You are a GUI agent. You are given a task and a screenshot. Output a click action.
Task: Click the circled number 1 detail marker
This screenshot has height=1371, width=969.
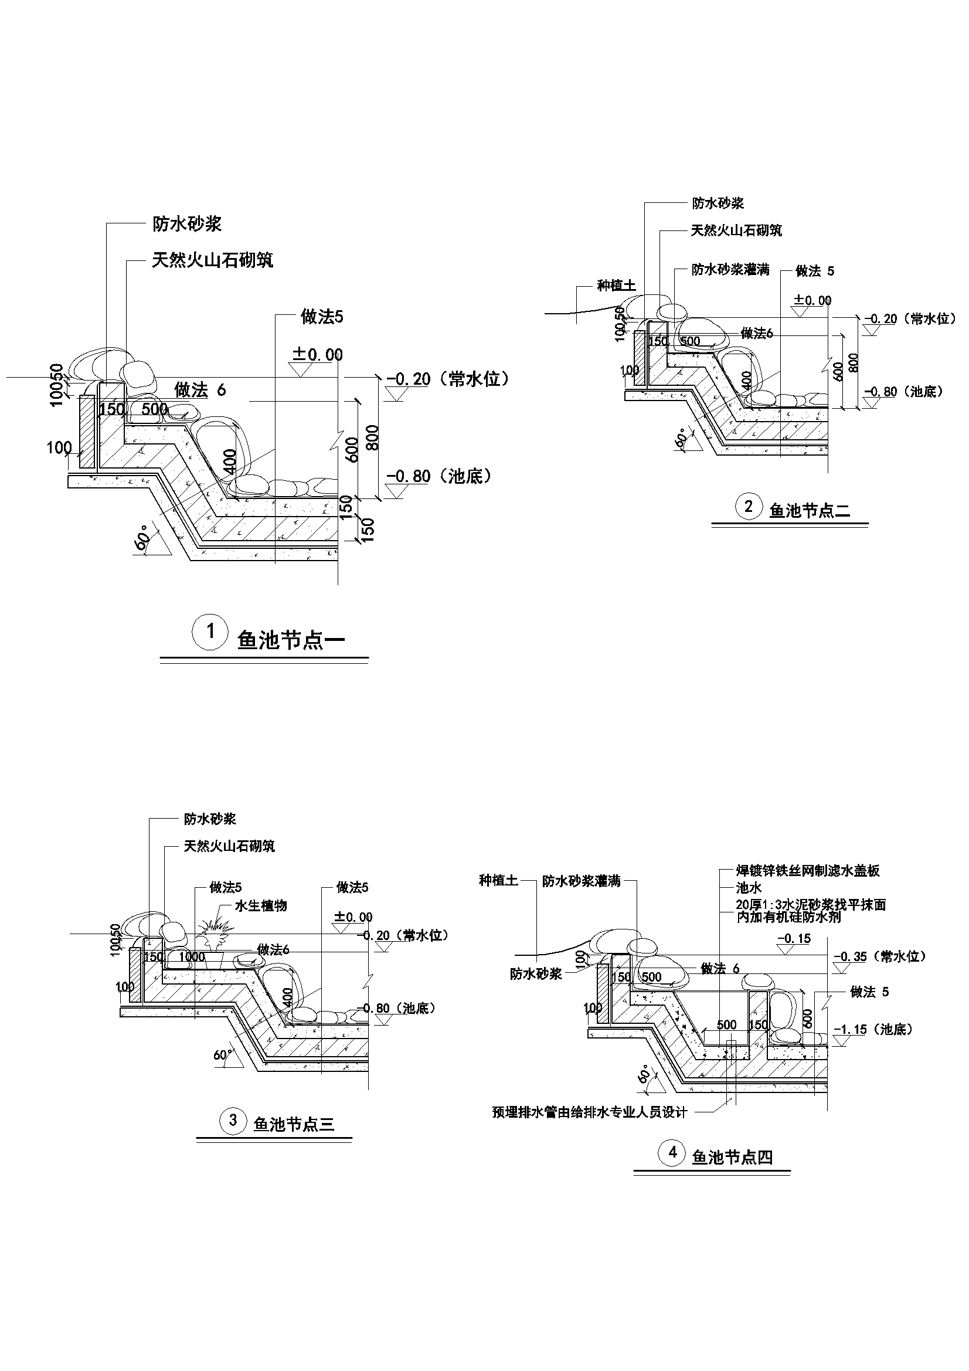tap(210, 631)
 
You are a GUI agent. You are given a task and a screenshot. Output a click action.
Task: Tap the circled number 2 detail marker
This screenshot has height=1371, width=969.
tap(749, 507)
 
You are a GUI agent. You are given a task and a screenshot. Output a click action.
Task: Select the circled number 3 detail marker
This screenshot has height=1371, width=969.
tap(233, 1120)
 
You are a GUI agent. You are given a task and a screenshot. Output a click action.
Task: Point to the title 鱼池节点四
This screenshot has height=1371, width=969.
tap(732, 1158)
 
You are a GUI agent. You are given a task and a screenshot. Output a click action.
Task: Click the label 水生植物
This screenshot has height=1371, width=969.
tap(261, 905)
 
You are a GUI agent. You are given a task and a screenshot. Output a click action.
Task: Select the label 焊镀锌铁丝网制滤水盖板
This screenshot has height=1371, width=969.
tap(808, 871)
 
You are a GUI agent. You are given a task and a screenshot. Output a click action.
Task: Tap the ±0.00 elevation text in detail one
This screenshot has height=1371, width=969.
tap(318, 355)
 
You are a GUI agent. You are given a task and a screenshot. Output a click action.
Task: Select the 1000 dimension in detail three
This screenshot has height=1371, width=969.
tap(192, 957)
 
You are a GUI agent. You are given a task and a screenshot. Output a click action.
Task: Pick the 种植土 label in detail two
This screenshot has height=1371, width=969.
tap(616, 286)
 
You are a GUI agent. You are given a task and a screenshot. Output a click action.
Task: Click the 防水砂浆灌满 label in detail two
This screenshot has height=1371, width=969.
tap(730, 270)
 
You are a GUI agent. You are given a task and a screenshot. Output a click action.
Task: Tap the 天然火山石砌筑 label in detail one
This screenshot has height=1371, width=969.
tap(212, 260)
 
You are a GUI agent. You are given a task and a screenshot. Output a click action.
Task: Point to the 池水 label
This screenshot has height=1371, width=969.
tap(749, 888)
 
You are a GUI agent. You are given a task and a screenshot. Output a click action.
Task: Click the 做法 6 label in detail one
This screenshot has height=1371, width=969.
tap(200, 391)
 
